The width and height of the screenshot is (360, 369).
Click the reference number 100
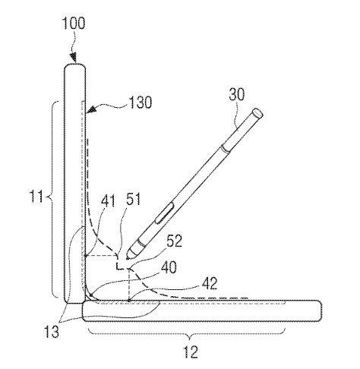tap(74, 24)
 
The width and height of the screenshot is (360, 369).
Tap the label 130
tap(141, 102)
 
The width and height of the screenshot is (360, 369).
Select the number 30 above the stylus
tap(237, 94)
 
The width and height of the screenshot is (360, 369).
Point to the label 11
tap(36, 197)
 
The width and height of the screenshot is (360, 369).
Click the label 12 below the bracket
tap(191, 352)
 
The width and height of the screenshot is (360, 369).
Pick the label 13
tap(52, 331)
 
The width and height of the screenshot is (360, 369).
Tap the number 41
tap(108, 201)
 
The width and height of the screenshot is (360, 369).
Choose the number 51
tap(133, 199)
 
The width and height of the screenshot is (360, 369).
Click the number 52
tap(174, 241)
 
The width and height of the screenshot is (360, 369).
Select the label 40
tap(169, 267)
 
